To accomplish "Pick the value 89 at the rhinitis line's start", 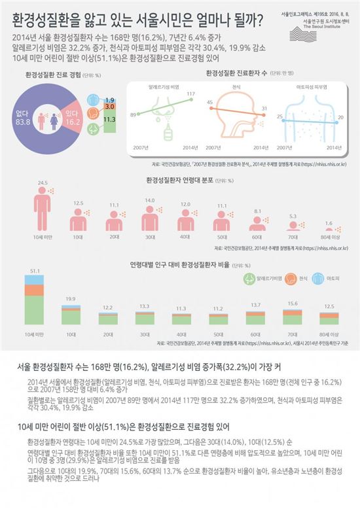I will [133, 114].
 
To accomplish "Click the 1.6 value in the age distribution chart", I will [328, 222].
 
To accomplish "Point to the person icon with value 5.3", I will [293, 225].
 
